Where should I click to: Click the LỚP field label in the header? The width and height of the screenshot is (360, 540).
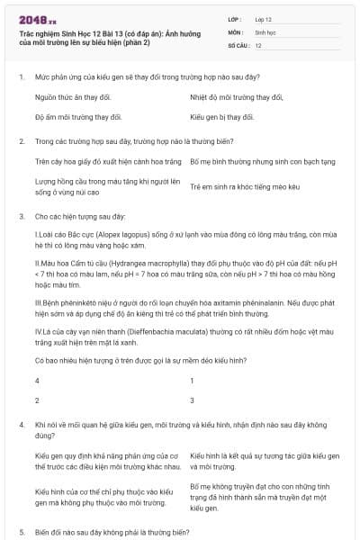coord(236,18)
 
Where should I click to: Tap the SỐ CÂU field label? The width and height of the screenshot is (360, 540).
coord(238,44)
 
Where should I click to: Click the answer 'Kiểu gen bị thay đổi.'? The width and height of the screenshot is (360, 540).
coord(222,117)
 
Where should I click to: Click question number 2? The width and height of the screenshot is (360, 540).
coord(21,141)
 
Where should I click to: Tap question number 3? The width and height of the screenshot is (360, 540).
coord(21,217)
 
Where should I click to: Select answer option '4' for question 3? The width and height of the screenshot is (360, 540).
coord(37,381)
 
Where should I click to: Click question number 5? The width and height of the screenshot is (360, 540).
coord(21,532)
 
